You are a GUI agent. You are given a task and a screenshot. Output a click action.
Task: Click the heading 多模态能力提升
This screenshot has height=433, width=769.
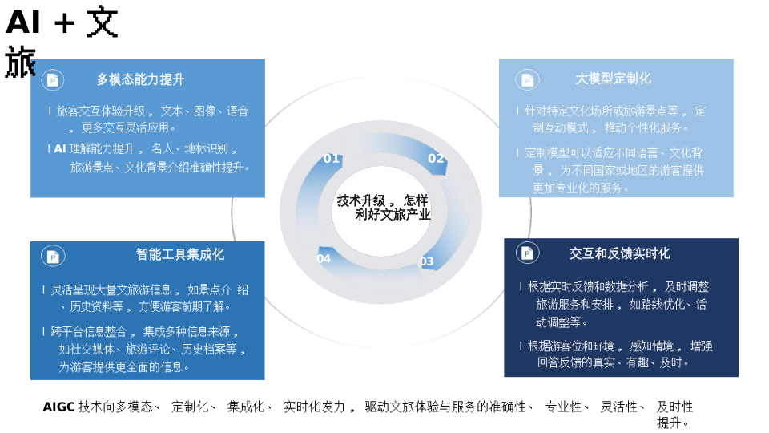pyautogui.click(x=140, y=79)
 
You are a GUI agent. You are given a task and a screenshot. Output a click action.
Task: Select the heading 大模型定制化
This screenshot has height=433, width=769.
pyautogui.click(x=613, y=79)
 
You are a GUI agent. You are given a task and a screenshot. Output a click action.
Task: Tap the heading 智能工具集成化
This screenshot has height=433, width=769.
pyautogui.click(x=180, y=254)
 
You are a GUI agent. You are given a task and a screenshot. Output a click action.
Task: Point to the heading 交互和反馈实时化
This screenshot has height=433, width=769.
pyautogui.click(x=619, y=253)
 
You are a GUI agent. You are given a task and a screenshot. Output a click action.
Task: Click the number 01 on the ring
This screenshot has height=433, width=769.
pyautogui.click(x=332, y=159)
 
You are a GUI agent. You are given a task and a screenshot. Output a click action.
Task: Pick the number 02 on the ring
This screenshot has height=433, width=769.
pyautogui.click(x=436, y=159)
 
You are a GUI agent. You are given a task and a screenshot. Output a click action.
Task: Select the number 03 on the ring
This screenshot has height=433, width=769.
pyautogui.click(x=427, y=261)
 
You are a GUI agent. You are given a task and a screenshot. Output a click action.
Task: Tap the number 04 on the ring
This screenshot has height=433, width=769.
pyautogui.click(x=324, y=259)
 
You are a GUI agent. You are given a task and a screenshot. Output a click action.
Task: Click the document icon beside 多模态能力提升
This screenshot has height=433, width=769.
pyautogui.click(x=53, y=79)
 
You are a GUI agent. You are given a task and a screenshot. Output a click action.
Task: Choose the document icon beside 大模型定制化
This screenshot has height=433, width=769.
pyautogui.click(x=527, y=79)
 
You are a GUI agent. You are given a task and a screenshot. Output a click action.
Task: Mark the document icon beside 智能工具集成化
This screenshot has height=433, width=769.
pyautogui.click(x=53, y=256)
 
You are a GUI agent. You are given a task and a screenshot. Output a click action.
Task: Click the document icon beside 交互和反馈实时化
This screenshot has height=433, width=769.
pyautogui.click(x=527, y=253)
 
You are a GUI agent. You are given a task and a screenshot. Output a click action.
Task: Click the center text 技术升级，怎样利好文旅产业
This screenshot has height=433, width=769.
pyautogui.click(x=384, y=208)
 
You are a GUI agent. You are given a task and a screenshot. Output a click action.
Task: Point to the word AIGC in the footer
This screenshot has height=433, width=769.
pyautogui.click(x=58, y=407)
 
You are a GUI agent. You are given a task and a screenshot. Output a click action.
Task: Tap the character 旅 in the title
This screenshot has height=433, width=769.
pyautogui.click(x=20, y=62)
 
